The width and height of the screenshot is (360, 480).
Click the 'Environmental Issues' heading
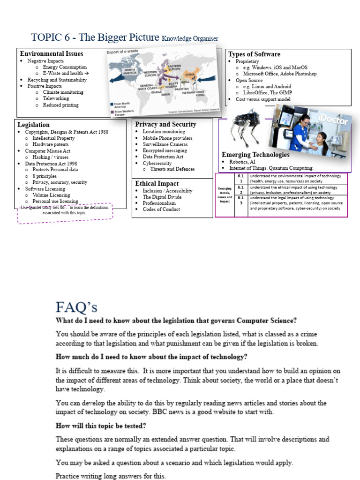[52, 54]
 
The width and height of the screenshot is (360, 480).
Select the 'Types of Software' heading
[254, 54]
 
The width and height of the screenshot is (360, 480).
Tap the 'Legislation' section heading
[33, 125]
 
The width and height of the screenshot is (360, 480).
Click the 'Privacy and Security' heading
[165, 124]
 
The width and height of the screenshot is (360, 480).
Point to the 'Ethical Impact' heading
[157, 183]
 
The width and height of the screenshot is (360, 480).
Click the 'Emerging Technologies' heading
[255, 155]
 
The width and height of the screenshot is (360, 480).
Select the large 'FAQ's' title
[76, 307]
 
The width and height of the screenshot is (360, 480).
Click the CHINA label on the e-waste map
[190, 74]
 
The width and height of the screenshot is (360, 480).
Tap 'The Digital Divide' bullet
[162, 197]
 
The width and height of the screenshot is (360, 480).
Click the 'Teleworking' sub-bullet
[56, 98]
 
